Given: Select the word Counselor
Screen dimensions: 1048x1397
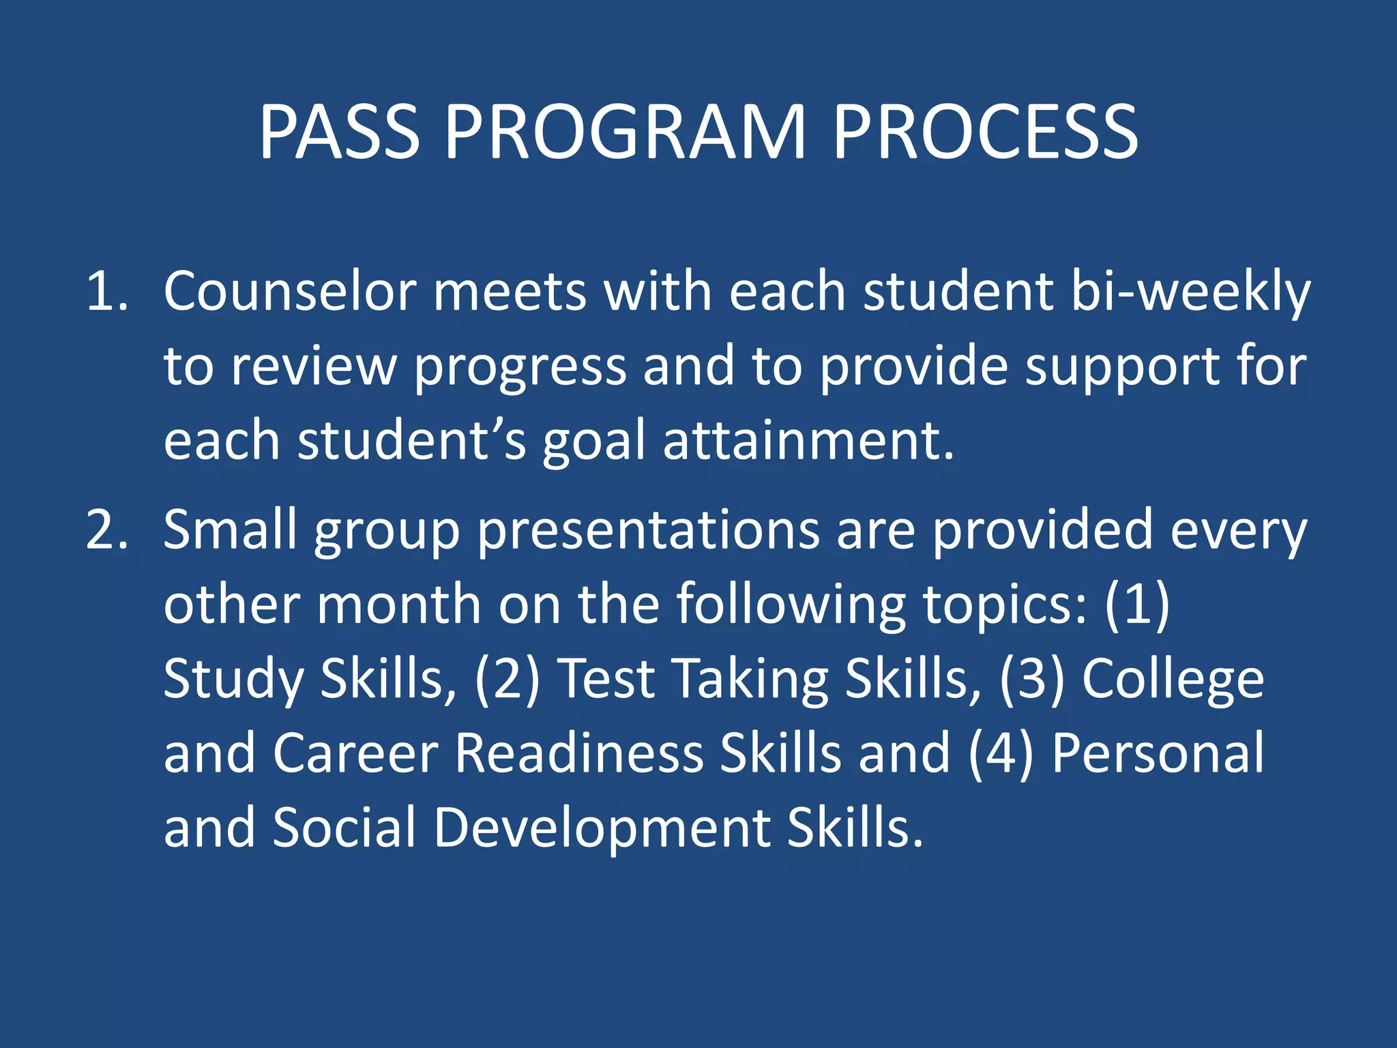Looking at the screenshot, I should click(x=290, y=292).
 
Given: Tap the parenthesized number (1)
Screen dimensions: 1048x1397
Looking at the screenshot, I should click(x=1137, y=605).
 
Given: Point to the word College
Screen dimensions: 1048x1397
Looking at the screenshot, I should click(x=1173, y=681).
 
